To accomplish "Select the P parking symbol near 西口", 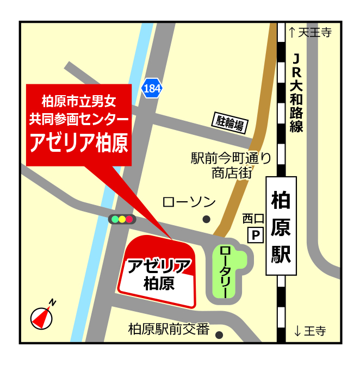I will tap(255, 236).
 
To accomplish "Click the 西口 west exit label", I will tap(253, 219).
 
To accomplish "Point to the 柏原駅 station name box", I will tap(281, 226).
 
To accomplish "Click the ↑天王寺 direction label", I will tap(310, 33).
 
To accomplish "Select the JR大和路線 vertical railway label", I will tap(296, 92).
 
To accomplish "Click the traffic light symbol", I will tap(122, 219).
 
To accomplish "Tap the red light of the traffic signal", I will tap(129, 219).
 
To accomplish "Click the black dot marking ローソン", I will tap(206, 219).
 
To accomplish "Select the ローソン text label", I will tap(189, 202).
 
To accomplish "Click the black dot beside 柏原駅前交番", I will tap(219, 335).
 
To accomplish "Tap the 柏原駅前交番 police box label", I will tap(169, 329).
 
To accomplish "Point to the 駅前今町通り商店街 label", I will tap(231, 166).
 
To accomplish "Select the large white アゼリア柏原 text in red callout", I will tap(79, 143).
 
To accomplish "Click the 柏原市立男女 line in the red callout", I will tap(79, 101).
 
